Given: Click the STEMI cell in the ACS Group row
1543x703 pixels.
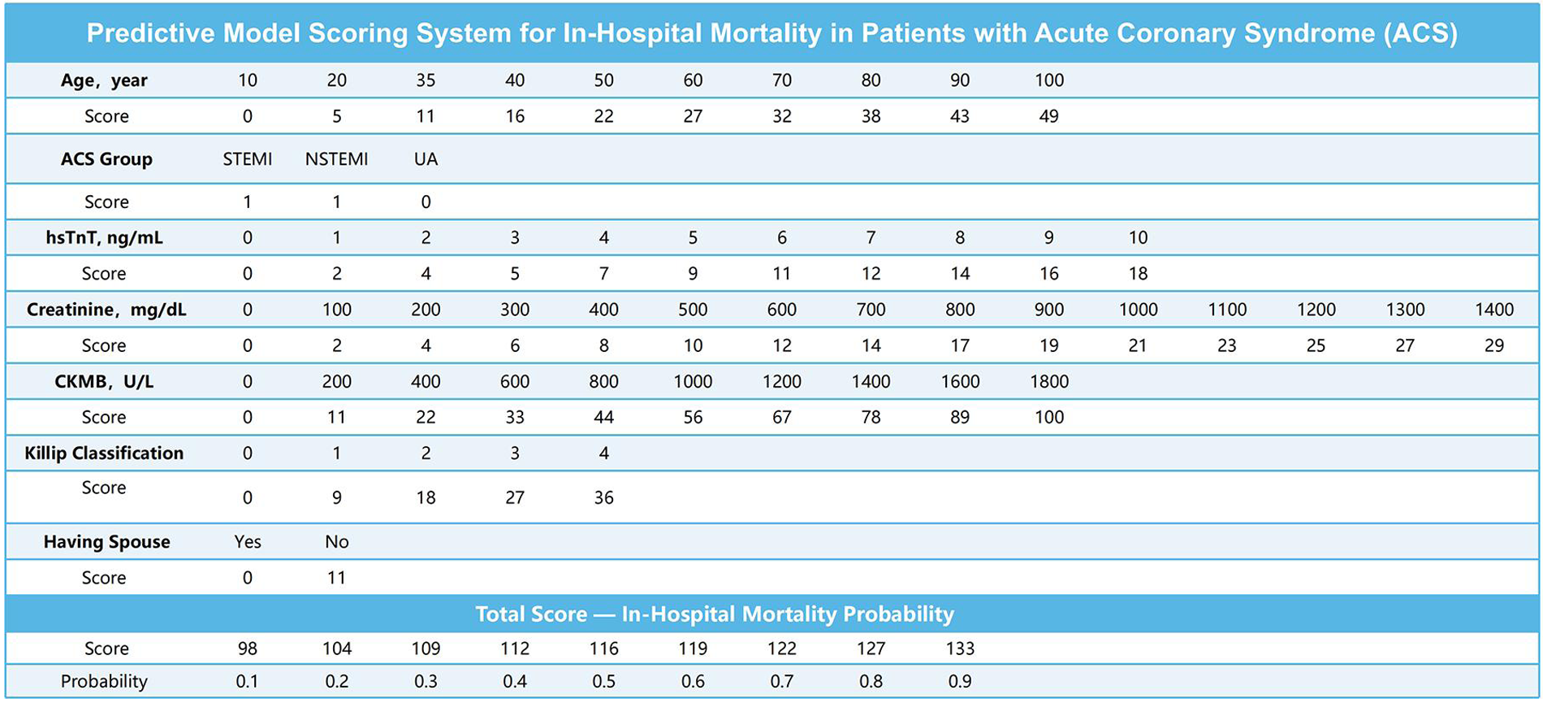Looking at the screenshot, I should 247,159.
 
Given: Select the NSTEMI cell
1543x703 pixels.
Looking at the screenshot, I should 336,159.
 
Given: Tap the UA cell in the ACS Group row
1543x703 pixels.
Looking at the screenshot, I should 426,159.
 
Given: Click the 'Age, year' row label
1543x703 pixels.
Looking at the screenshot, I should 104,80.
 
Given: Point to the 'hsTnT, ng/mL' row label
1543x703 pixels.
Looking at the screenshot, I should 104,238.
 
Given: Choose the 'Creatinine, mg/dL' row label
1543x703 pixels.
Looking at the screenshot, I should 106,310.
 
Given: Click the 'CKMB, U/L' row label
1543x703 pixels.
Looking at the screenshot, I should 104,381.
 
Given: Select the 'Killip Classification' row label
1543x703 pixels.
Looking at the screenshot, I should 104,453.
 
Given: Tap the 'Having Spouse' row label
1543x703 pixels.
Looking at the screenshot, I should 106,542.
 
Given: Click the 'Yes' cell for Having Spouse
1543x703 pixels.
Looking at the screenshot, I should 247,542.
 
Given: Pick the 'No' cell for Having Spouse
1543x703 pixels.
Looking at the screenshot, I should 336,542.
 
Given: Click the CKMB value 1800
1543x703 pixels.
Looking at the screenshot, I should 1048,381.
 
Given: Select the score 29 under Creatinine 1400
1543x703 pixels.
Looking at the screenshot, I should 1493,345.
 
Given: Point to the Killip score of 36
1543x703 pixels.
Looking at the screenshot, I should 603,497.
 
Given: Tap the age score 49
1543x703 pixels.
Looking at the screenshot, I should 1048,116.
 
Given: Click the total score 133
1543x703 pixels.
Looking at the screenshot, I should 959,649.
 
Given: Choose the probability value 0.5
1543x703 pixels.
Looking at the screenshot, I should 603,681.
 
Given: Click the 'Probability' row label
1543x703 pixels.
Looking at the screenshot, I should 104,681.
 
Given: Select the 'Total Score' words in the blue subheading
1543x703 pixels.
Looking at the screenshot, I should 530,614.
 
